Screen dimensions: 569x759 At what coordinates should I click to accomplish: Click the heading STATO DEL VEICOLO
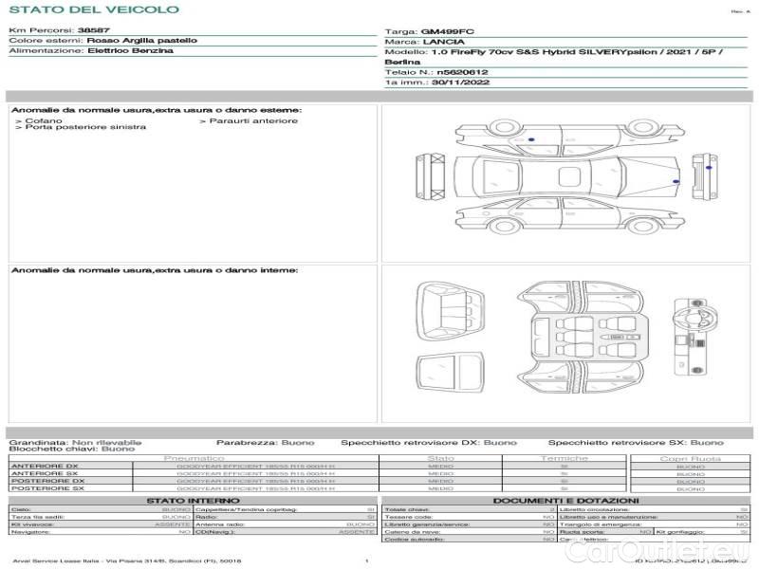pyautogui.click(x=93, y=9)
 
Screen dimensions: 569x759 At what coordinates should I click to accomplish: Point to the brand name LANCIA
pyautogui.click(x=443, y=43)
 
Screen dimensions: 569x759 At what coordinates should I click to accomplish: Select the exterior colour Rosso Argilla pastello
pyautogui.click(x=142, y=42)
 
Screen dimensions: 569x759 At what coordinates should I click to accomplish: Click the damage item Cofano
pyautogui.click(x=44, y=120)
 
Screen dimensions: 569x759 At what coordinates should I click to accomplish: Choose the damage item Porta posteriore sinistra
pyautogui.click(x=85, y=127)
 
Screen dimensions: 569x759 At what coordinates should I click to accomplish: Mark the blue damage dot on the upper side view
pyautogui.click(x=530, y=139)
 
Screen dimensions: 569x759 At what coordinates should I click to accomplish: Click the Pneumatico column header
pyautogui.click(x=194, y=458)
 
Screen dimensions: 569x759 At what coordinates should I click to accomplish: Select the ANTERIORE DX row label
pyautogui.click(x=46, y=466)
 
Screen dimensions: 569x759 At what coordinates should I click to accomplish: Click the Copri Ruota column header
pyautogui.click(x=690, y=458)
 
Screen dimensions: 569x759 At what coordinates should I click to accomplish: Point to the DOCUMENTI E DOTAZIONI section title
pyautogui.click(x=565, y=500)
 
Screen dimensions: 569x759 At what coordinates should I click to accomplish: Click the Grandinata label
pyautogui.click(x=38, y=442)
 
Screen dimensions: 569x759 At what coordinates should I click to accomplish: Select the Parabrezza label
pyautogui.click(x=241, y=442)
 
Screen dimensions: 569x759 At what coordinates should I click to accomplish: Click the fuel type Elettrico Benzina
pyautogui.click(x=130, y=51)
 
